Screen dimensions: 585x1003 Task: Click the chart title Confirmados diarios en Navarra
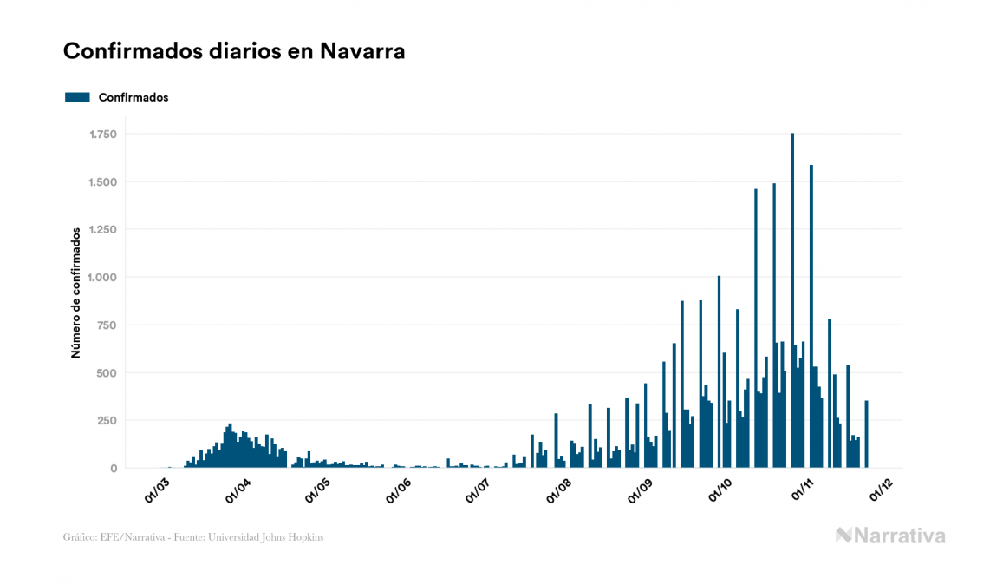coord(234,51)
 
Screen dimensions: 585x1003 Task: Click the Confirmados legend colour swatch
coord(77,97)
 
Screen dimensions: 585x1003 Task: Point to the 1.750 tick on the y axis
coord(103,135)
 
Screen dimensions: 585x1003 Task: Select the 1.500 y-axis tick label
coord(103,182)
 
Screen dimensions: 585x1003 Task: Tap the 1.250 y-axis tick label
coord(103,230)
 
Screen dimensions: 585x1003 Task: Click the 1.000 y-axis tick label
coord(103,278)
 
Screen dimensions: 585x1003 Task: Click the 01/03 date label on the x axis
coord(158,492)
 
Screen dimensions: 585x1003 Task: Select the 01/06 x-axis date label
coord(398,492)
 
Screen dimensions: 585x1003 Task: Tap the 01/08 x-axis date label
coord(558,492)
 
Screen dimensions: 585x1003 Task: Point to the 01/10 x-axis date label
coord(720,492)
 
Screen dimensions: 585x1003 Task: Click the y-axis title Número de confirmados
coord(76,293)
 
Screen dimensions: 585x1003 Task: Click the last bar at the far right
coord(866,434)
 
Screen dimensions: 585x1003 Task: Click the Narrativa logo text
coord(899,536)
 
